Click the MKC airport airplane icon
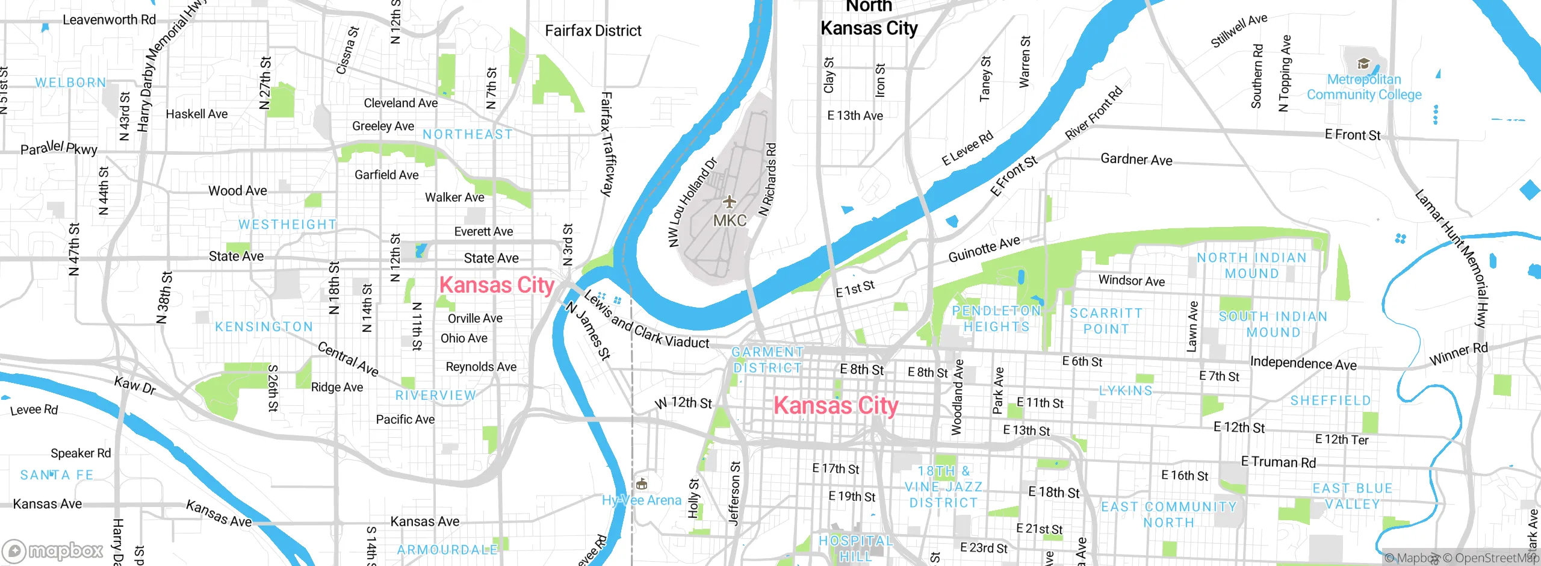(729, 201)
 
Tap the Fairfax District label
(593, 31)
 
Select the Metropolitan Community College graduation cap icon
(1363, 64)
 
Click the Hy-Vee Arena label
(642, 500)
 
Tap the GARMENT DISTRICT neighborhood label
(767, 359)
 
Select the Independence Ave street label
(1303, 363)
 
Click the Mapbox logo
(53, 550)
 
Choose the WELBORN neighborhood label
(70, 82)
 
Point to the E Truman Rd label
(1279, 462)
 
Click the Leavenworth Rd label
(109, 20)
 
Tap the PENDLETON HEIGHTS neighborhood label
(996, 319)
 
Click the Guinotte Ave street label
(984, 249)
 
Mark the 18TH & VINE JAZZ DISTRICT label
(943, 487)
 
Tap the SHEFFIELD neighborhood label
(1330, 400)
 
